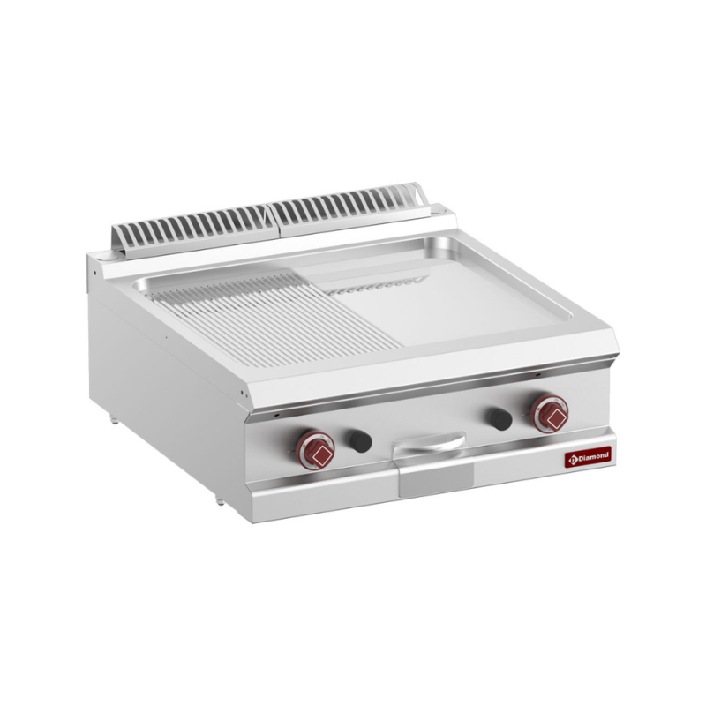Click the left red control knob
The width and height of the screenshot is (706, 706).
pos(315,450)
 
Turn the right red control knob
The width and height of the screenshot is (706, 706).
pos(549,414)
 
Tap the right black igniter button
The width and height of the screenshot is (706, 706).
pos(500,418)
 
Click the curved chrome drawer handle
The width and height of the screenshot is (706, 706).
pos(428,441)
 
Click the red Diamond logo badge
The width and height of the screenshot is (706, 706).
pos(588,457)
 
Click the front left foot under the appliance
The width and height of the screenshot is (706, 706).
pos(220,499)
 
